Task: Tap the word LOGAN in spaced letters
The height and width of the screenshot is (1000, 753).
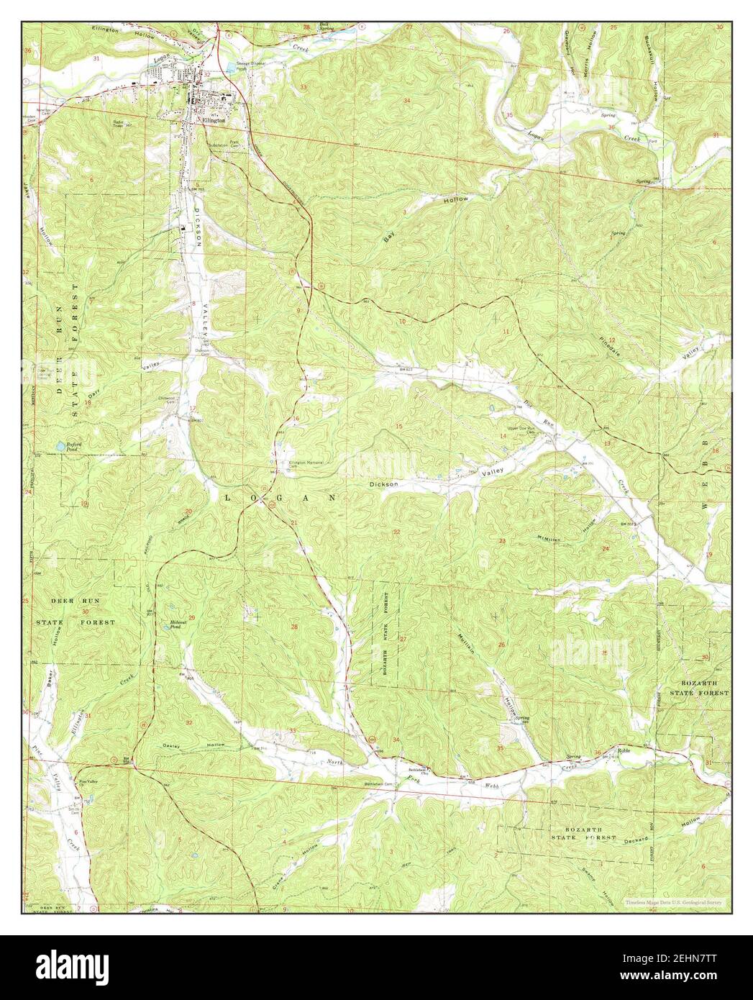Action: point(280,497)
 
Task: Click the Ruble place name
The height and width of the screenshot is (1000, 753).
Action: point(624,750)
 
